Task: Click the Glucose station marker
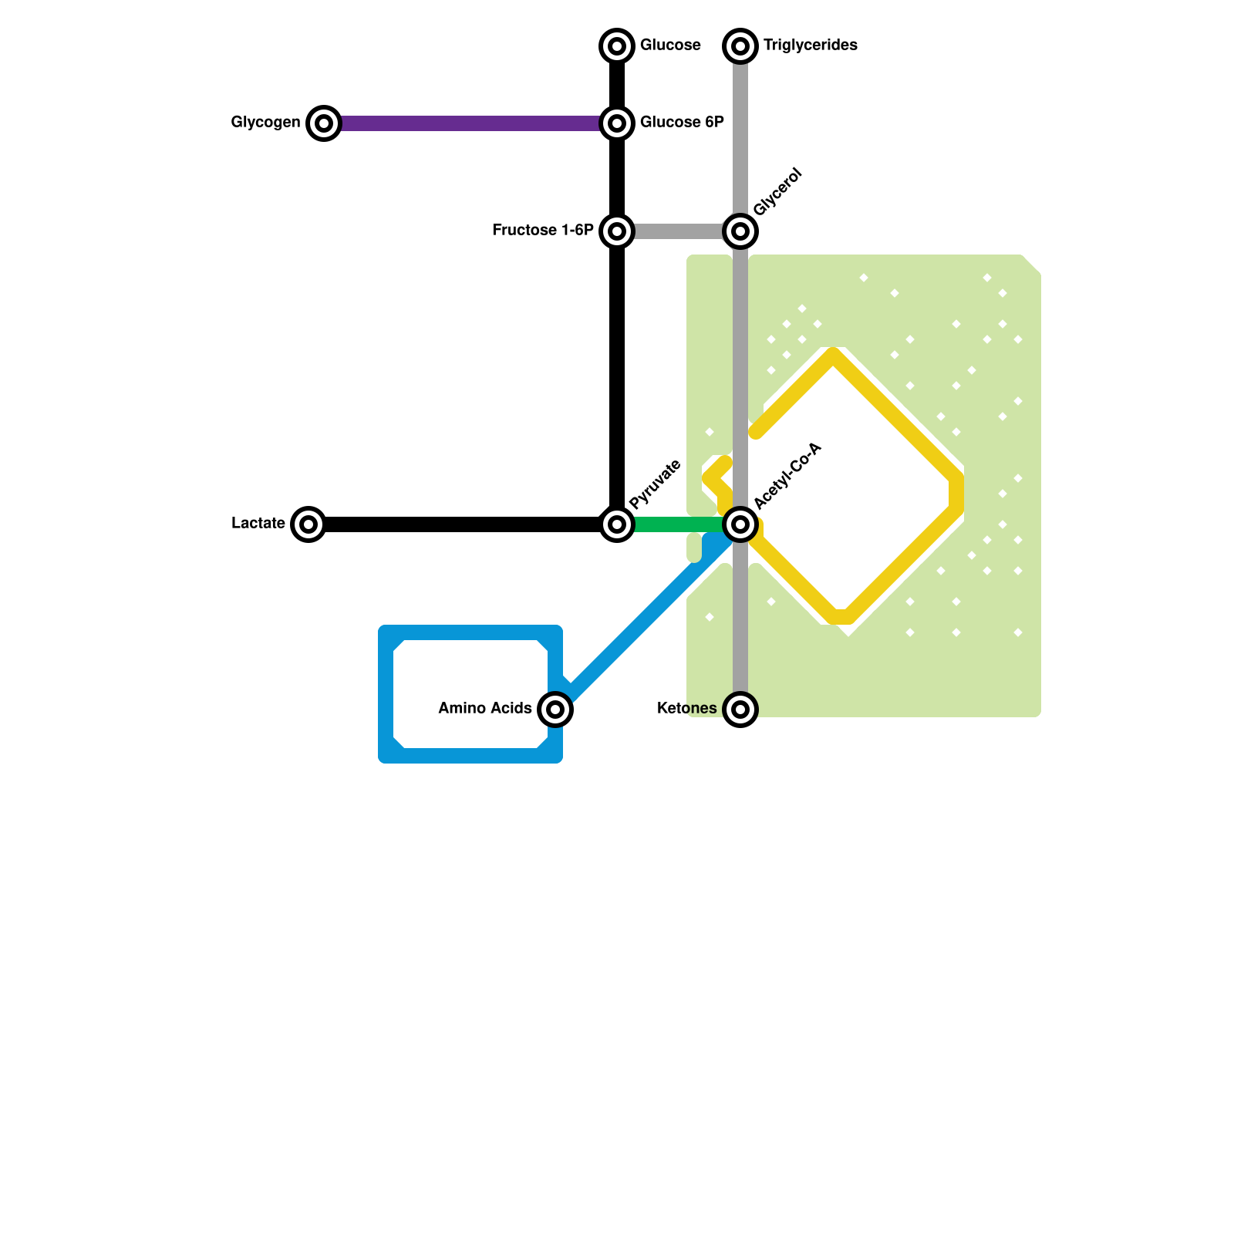(617, 46)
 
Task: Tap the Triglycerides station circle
(740, 46)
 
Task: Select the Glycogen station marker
(324, 123)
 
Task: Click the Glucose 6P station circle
(617, 123)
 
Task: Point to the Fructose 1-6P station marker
(617, 231)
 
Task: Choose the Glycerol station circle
(740, 231)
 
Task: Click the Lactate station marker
(308, 524)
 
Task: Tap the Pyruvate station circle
(617, 524)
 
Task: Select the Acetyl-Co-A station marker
(740, 524)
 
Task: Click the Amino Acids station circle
(555, 709)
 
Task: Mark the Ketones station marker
(740, 709)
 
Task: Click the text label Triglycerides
(810, 46)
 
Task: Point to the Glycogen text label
(265, 123)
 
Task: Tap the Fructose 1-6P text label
(542, 231)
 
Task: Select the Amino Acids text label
(484, 709)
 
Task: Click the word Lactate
(258, 524)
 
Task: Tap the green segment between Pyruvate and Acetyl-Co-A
(679, 524)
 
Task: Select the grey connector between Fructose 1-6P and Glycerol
(679, 231)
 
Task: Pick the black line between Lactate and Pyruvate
(463, 524)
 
